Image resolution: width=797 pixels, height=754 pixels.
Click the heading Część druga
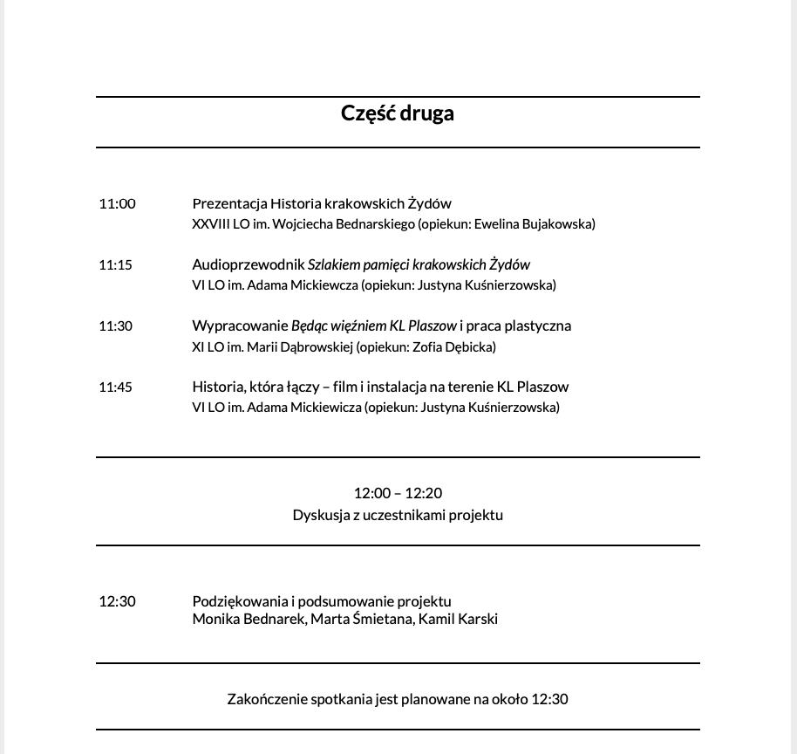398,113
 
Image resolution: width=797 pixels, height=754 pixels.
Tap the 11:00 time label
117,203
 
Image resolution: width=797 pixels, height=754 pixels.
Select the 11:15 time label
115,264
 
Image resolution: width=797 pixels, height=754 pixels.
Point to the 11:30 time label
115,326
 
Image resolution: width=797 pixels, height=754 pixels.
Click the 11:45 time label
115,387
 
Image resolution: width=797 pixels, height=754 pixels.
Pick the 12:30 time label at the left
117,601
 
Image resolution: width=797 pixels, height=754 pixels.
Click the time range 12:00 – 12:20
398,493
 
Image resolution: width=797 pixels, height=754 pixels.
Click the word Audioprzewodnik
248,264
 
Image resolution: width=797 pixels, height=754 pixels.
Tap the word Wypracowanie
240,326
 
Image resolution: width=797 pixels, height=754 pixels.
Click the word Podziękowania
240,601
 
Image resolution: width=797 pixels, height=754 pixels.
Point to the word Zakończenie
265,699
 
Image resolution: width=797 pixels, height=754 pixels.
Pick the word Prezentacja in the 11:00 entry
228,203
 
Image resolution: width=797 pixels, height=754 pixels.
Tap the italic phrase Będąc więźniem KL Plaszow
374,326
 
